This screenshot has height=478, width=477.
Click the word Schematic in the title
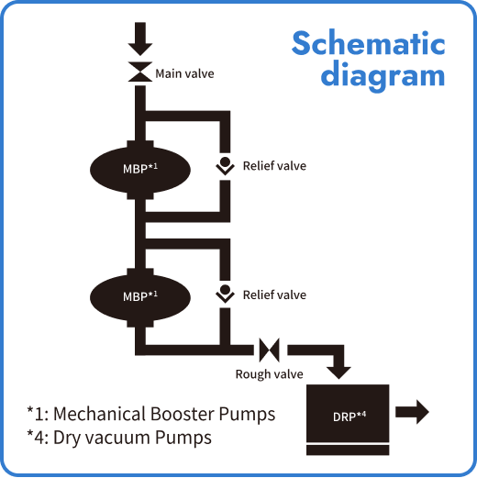pos(368,43)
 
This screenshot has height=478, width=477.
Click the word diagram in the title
pos(383,74)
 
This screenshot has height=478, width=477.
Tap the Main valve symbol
pos(140,72)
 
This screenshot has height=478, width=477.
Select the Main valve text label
pos(184,73)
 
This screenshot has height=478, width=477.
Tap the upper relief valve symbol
pos(224,165)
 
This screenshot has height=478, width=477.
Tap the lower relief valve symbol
pos(224,294)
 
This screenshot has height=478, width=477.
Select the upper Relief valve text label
pos(274,166)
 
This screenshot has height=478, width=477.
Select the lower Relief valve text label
pos(274,295)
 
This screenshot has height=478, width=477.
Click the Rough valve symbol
pos(269,350)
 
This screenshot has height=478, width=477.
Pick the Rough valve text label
pos(269,373)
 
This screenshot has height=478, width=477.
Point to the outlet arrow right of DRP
pos(414,412)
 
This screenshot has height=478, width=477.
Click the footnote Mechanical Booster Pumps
pos(151,414)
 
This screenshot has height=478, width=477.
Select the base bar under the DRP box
pos(349,450)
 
